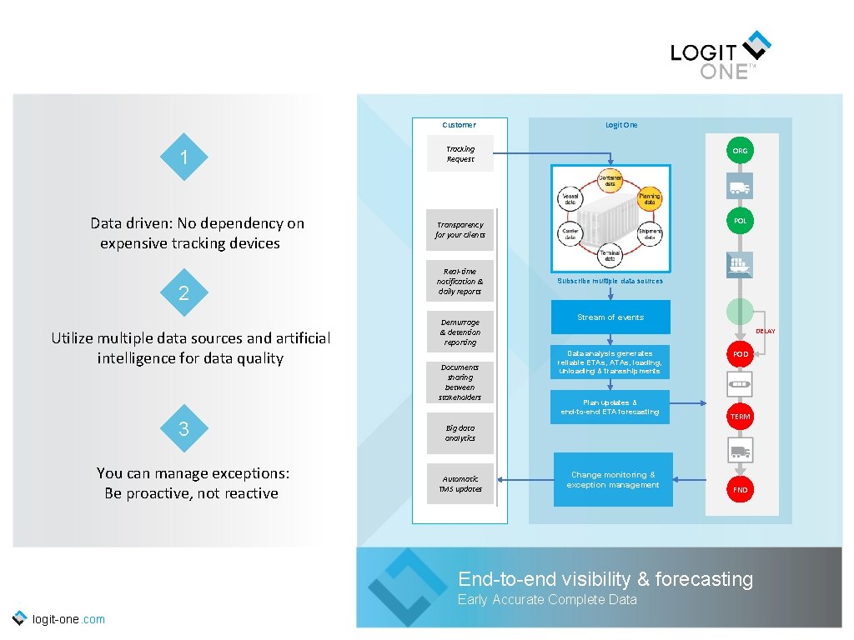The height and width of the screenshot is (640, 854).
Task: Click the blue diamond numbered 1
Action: click(x=183, y=157)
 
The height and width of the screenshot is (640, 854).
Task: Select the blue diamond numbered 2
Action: click(x=183, y=292)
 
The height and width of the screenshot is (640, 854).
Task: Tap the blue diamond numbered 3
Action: click(x=183, y=429)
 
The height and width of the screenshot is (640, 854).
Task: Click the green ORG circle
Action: click(x=740, y=151)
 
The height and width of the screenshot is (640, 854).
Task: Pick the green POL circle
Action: click(x=740, y=221)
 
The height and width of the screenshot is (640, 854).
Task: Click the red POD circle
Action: click(x=740, y=354)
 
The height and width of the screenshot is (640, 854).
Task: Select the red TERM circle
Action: click(x=740, y=416)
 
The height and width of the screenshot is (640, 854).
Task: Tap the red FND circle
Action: click(x=740, y=490)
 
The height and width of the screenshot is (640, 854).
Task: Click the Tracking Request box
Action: click(x=460, y=154)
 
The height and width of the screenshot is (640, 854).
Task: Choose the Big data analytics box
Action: click(x=460, y=433)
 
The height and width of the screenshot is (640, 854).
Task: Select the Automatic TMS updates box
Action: click(x=460, y=484)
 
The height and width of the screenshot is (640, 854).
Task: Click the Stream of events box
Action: click(x=610, y=317)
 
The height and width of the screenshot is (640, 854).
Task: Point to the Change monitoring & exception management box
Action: click(x=612, y=480)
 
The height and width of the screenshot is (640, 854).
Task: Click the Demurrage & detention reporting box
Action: click(x=460, y=332)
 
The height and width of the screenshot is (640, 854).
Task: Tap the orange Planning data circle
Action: click(x=649, y=197)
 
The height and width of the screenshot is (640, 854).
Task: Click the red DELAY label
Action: click(x=765, y=332)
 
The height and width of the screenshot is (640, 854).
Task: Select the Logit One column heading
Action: click(x=621, y=125)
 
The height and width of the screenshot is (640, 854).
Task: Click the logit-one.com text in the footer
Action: click(x=68, y=619)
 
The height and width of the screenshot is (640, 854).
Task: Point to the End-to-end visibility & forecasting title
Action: click(x=605, y=579)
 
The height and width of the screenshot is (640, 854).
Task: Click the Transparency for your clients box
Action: click(x=460, y=230)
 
